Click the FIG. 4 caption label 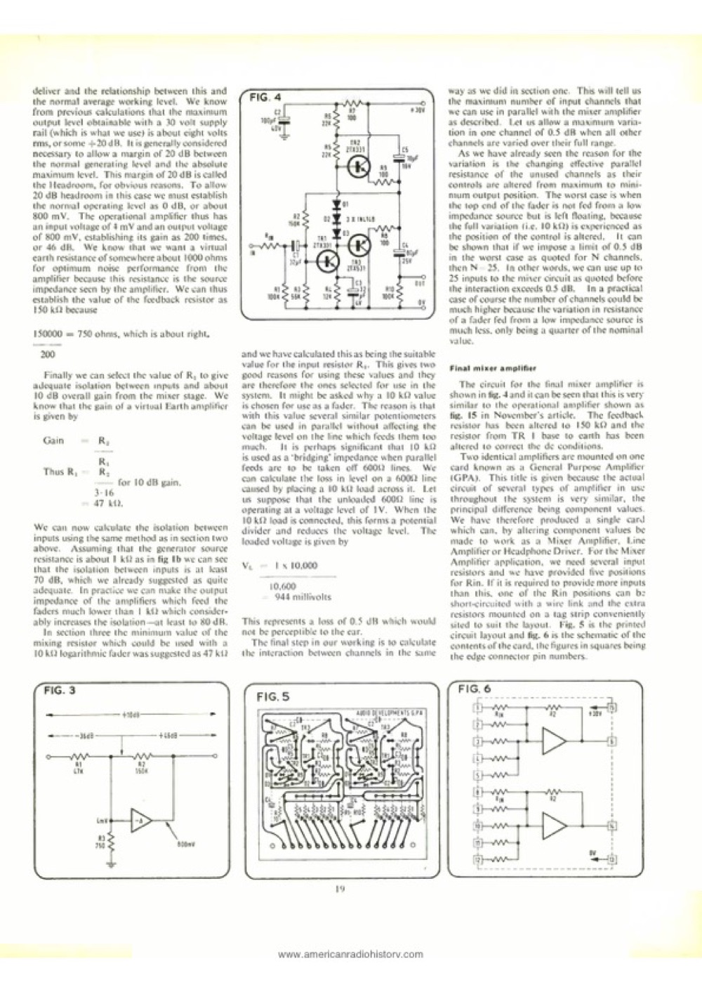click(266, 98)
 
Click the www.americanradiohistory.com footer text click(351, 954)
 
